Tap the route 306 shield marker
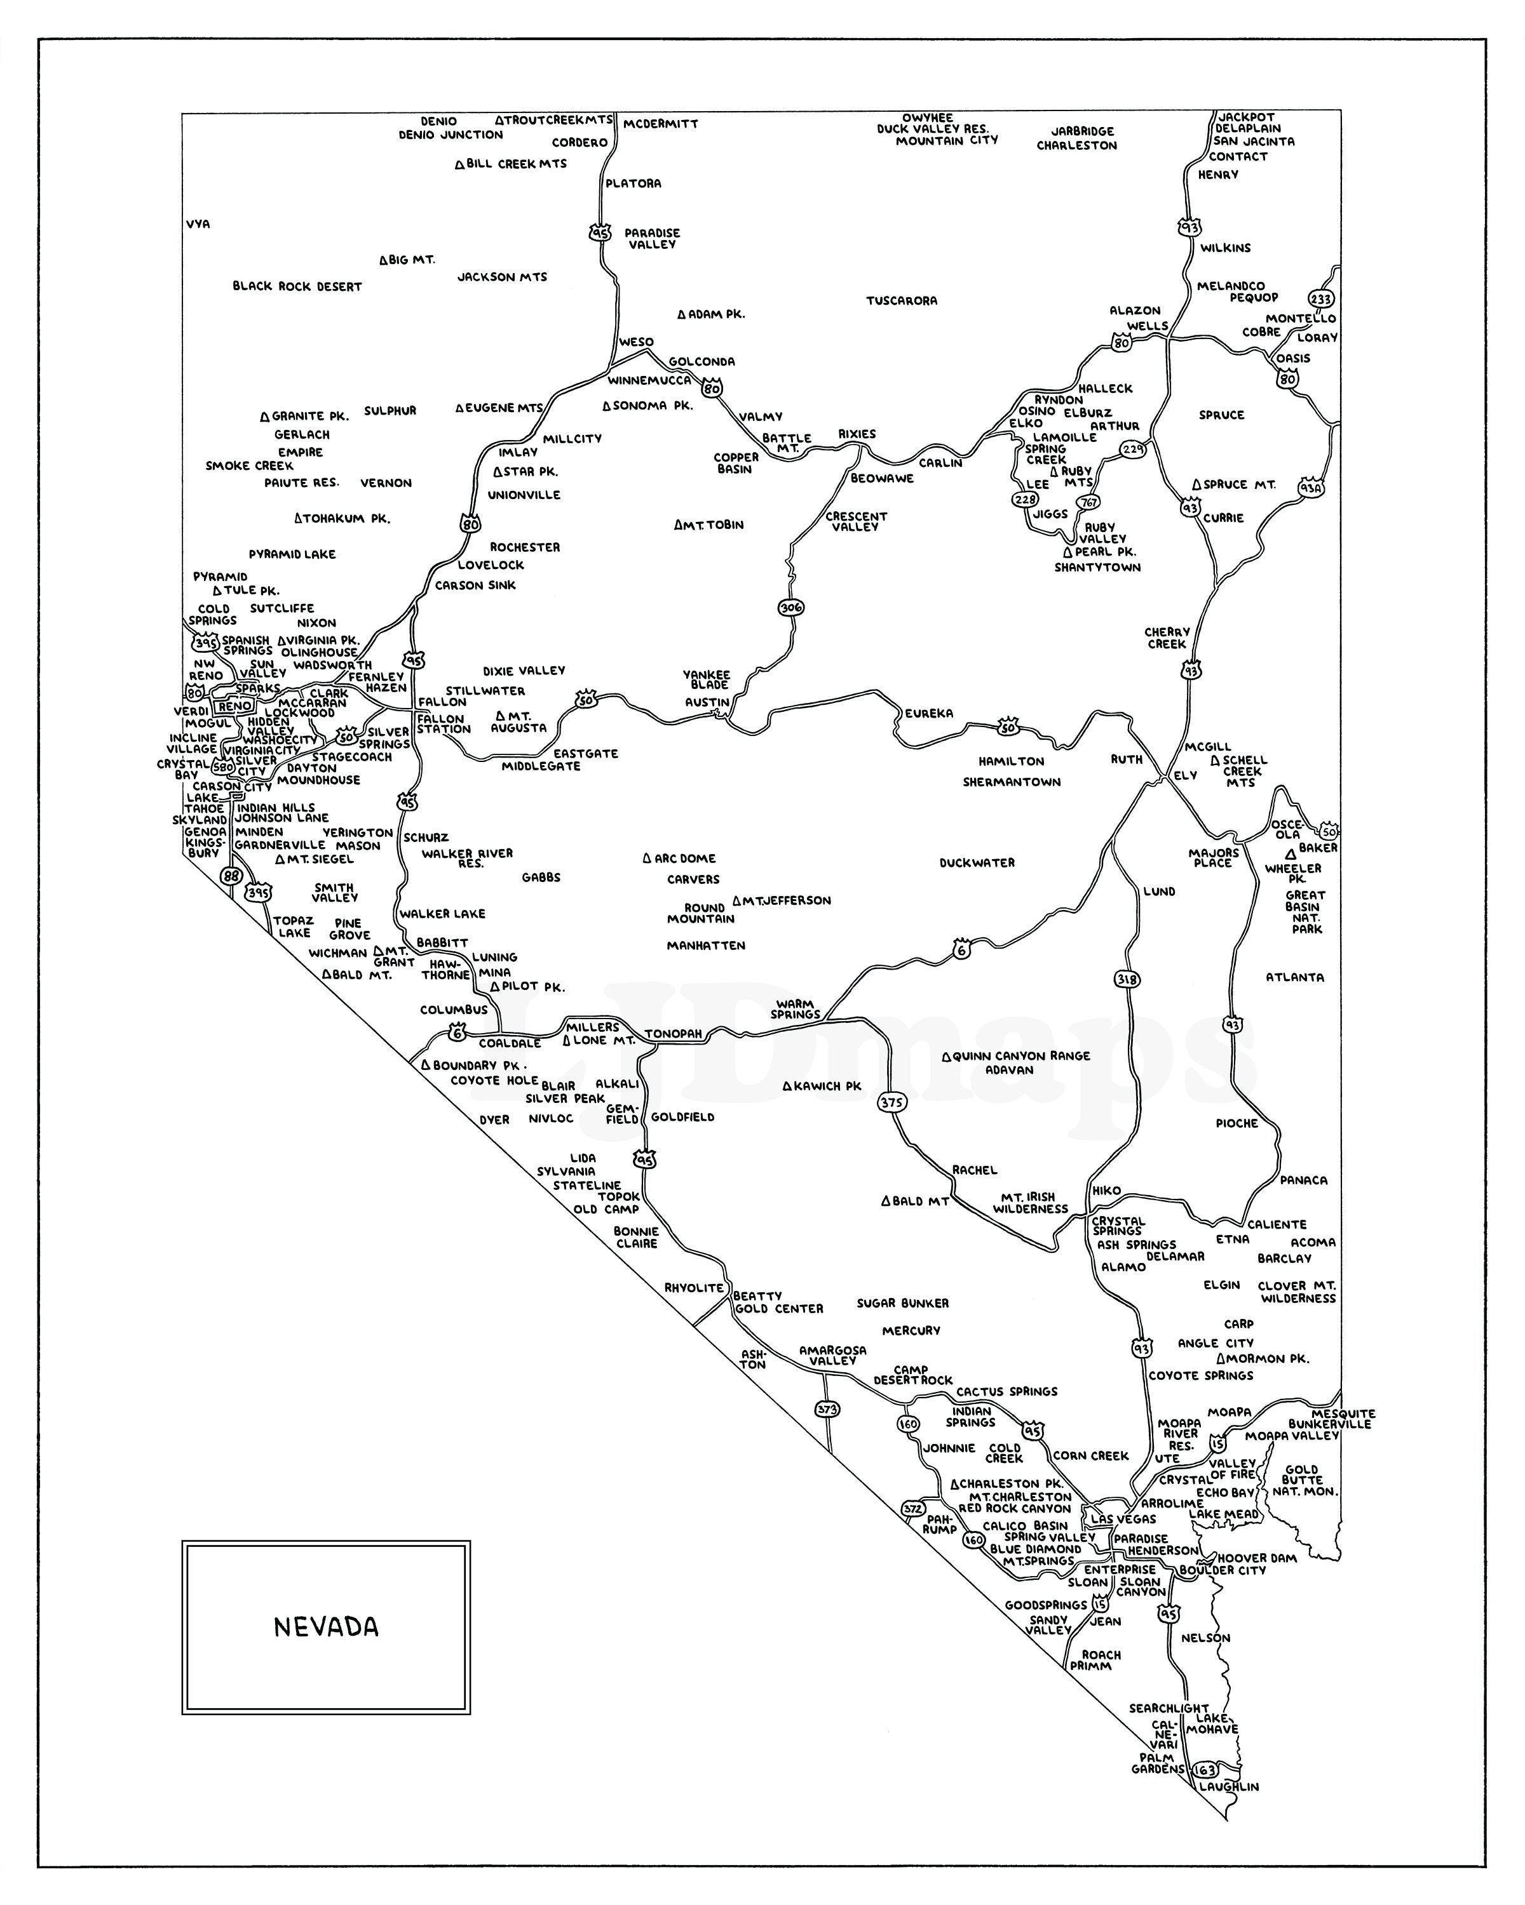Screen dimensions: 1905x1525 point(791,607)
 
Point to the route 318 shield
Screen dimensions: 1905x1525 point(1127,979)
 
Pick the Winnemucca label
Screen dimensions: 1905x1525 point(649,380)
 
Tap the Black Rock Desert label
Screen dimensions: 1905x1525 point(297,286)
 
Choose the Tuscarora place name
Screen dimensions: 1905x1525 point(901,300)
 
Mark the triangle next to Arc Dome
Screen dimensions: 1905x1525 point(646,858)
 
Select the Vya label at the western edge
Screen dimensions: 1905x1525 point(198,224)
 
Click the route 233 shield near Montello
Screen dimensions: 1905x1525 point(1322,298)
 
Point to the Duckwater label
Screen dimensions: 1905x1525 point(977,862)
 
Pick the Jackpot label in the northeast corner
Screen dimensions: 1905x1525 point(1247,117)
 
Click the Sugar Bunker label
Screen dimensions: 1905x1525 point(903,1303)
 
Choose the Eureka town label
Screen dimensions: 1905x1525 point(928,713)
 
